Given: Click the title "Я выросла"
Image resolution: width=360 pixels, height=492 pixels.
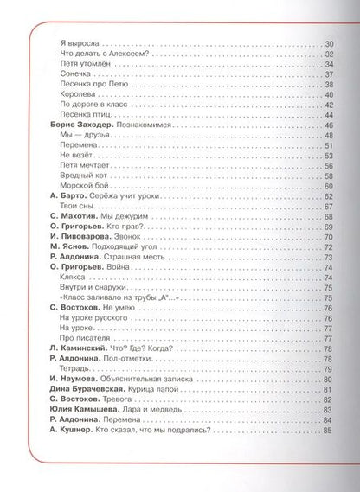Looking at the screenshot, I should coord(79,43).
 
